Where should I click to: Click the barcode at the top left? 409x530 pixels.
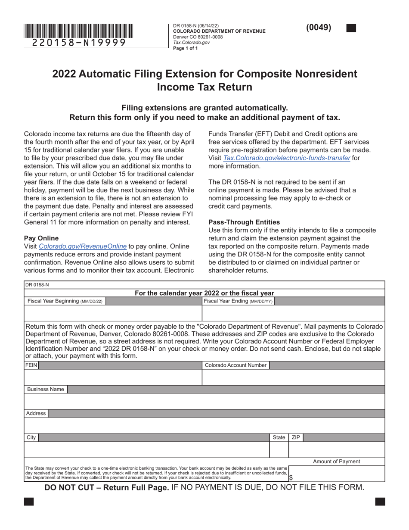[x=78, y=31]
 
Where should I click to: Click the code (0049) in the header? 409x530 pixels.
[x=319, y=28]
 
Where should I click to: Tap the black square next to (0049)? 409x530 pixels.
[x=351, y=28]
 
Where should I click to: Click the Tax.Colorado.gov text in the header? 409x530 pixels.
[x=191, y=43]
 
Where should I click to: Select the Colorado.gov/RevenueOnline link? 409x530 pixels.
[x=83, y=246]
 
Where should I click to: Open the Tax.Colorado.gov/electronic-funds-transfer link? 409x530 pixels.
[x=287, y=158]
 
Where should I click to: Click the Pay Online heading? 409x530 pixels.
[x=41, y=238]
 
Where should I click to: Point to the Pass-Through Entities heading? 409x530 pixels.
[x=244, y=222]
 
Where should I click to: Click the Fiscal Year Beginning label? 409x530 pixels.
[x=65, y=301]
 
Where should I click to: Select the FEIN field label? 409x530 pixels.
[x=31, y=365]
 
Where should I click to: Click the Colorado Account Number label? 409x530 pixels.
[x=235, y=365]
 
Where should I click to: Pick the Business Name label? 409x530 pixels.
[x=45, y=389]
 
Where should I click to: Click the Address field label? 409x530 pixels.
[x=36, y=413]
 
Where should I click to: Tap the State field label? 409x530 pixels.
[x=279, y=437]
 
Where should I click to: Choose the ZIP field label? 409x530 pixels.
[x=296, y=437]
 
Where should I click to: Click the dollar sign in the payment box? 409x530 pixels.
[x=291, y=477]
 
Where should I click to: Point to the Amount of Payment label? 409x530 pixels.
[x=336, y=461]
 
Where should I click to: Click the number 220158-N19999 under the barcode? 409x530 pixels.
[x=79, y=42]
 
